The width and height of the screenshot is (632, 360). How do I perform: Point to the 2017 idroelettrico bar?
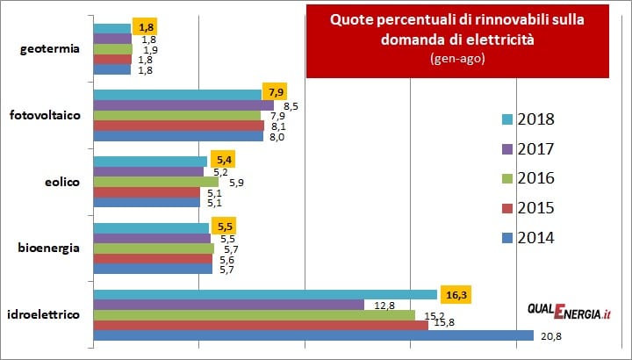pos(228,305)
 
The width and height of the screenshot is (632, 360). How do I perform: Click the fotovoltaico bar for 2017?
pos(183,105)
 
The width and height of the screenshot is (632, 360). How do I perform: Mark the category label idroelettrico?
pos(45,314)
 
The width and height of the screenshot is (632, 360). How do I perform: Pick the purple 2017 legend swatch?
pos(506,149)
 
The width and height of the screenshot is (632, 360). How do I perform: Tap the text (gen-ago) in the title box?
pos(456,58)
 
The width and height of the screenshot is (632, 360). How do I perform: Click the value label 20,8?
pos(550,335)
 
